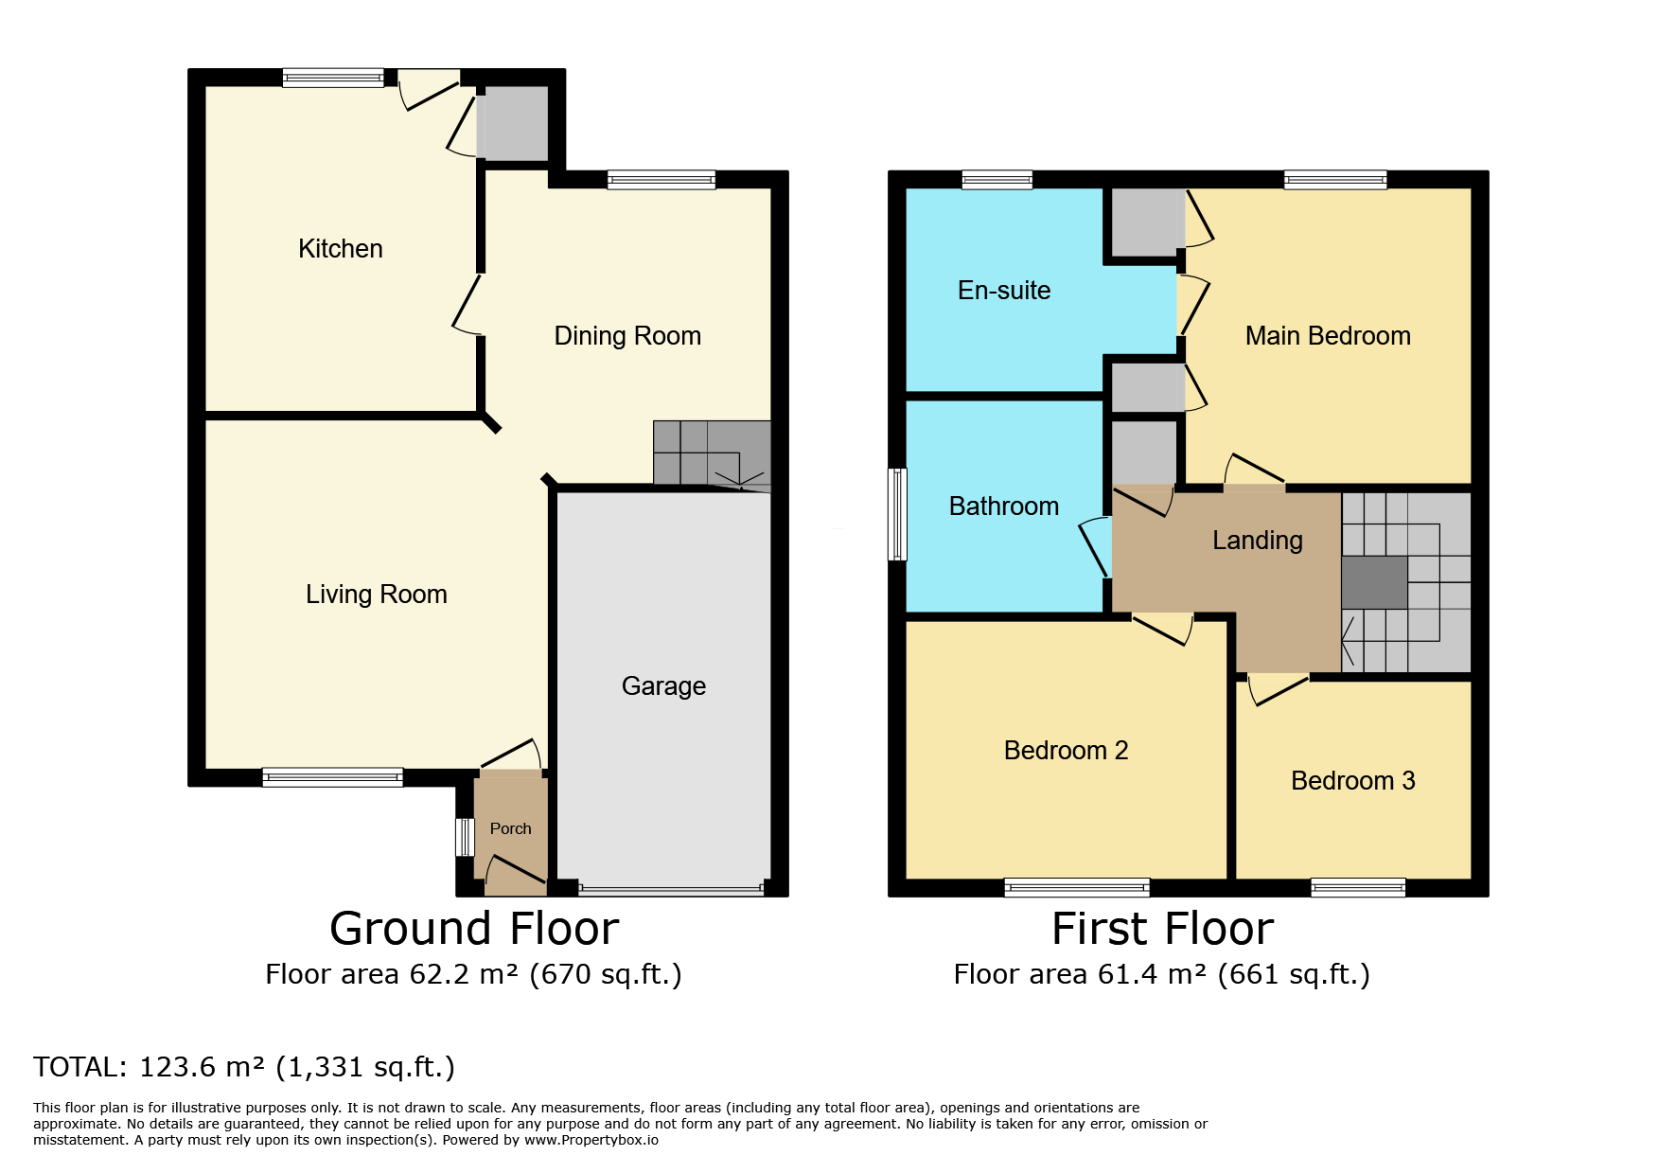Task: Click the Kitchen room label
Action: [341, 249]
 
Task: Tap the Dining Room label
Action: [627, 336]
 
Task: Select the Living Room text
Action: [377, 595]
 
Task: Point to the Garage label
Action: [663, 686]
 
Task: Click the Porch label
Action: [511, 828]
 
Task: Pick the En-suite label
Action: [1004, 291]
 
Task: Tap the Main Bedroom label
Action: [1328, 336]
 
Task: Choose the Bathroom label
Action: [1004, 507]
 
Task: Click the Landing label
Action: [1258, 541]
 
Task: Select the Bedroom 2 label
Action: [1067, 751]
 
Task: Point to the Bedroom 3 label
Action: [1353, 781]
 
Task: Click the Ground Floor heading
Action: [474, 929]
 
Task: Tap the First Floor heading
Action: [1163, 929]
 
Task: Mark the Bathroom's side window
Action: [897, 514]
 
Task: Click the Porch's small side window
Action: [465, 837]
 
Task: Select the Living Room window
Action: [333, 777]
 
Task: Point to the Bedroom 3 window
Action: [1358, 887]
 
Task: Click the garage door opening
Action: [671, 890]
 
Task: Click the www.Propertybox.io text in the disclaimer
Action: [591, 1141]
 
